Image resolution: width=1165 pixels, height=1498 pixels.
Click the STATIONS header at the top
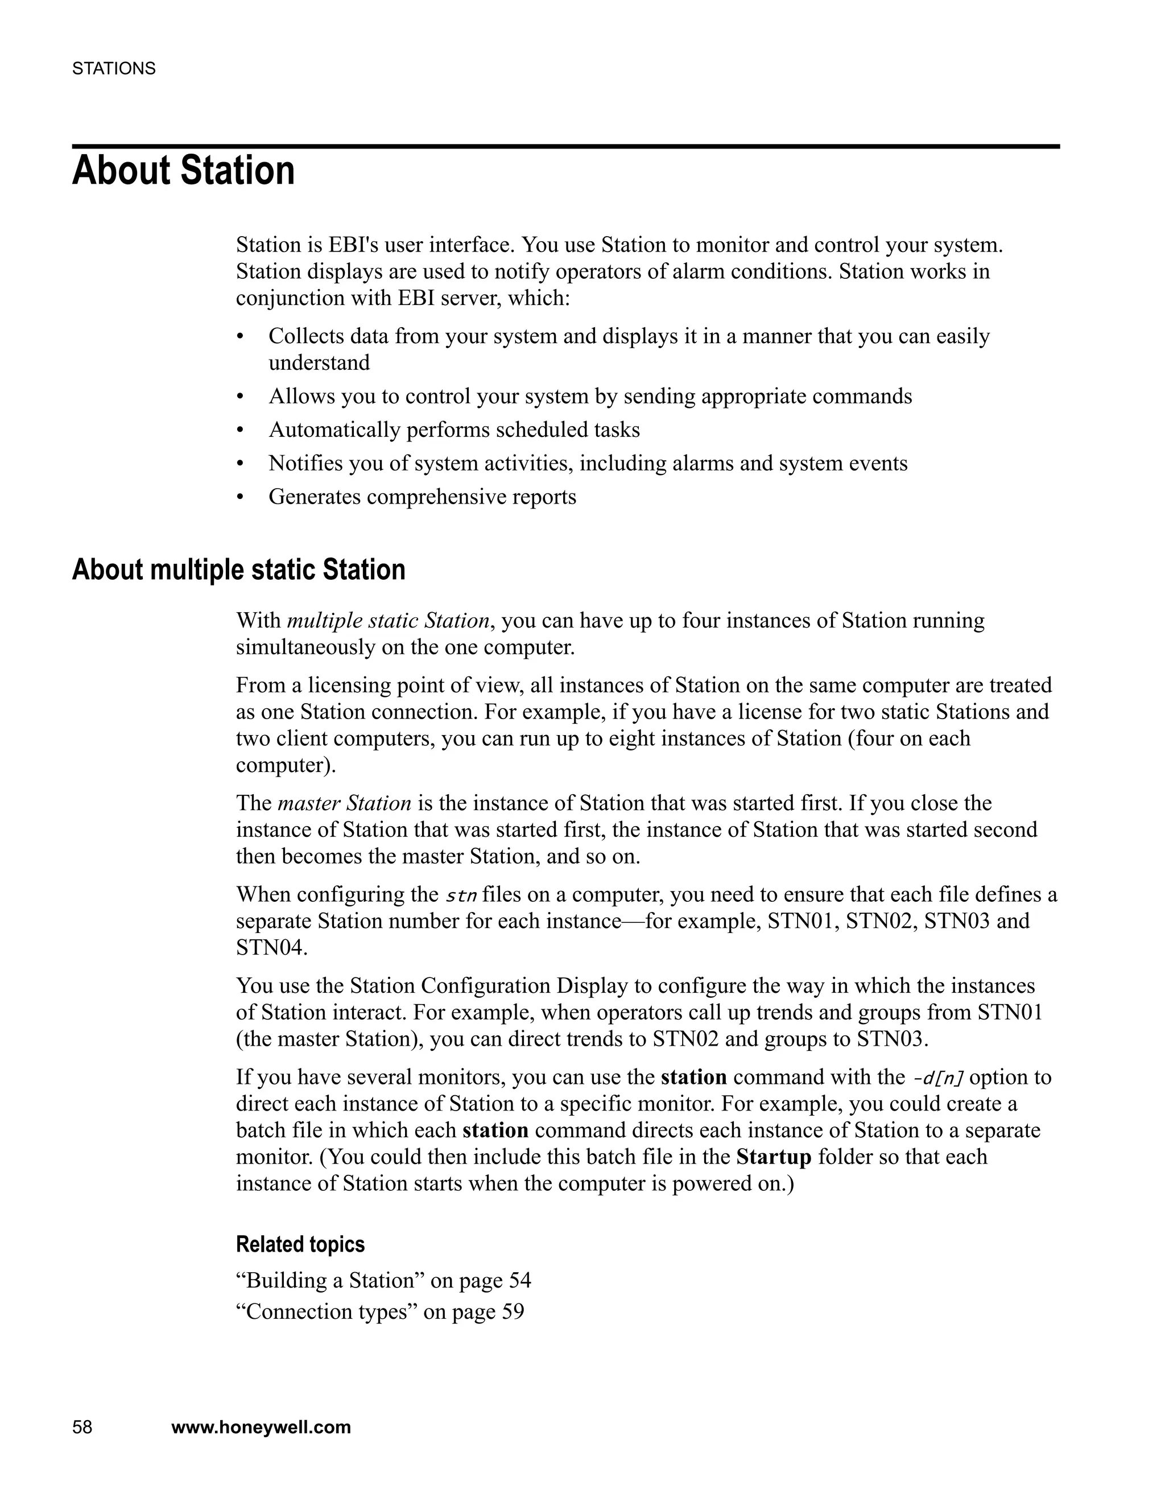(x=114, y=69)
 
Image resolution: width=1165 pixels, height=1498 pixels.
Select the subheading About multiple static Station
(x=238, y=570)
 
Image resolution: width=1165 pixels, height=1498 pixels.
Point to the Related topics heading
(x=300, y=1244)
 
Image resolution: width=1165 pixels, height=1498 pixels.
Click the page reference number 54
(x=520, y=1281)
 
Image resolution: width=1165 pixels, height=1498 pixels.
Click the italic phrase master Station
(x=344, y=803)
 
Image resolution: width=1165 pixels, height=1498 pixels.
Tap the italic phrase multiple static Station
(x=388, y=621)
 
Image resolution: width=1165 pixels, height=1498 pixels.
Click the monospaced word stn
(x=461, y=896)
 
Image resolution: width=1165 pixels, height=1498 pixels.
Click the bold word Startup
(x=774, y=1157)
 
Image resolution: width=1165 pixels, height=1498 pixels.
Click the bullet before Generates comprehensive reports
(x=240, y=497)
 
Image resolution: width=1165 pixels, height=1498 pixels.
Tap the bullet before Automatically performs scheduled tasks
(x=240, y=431)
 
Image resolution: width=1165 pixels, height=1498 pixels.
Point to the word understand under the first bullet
(x=319, y=363)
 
